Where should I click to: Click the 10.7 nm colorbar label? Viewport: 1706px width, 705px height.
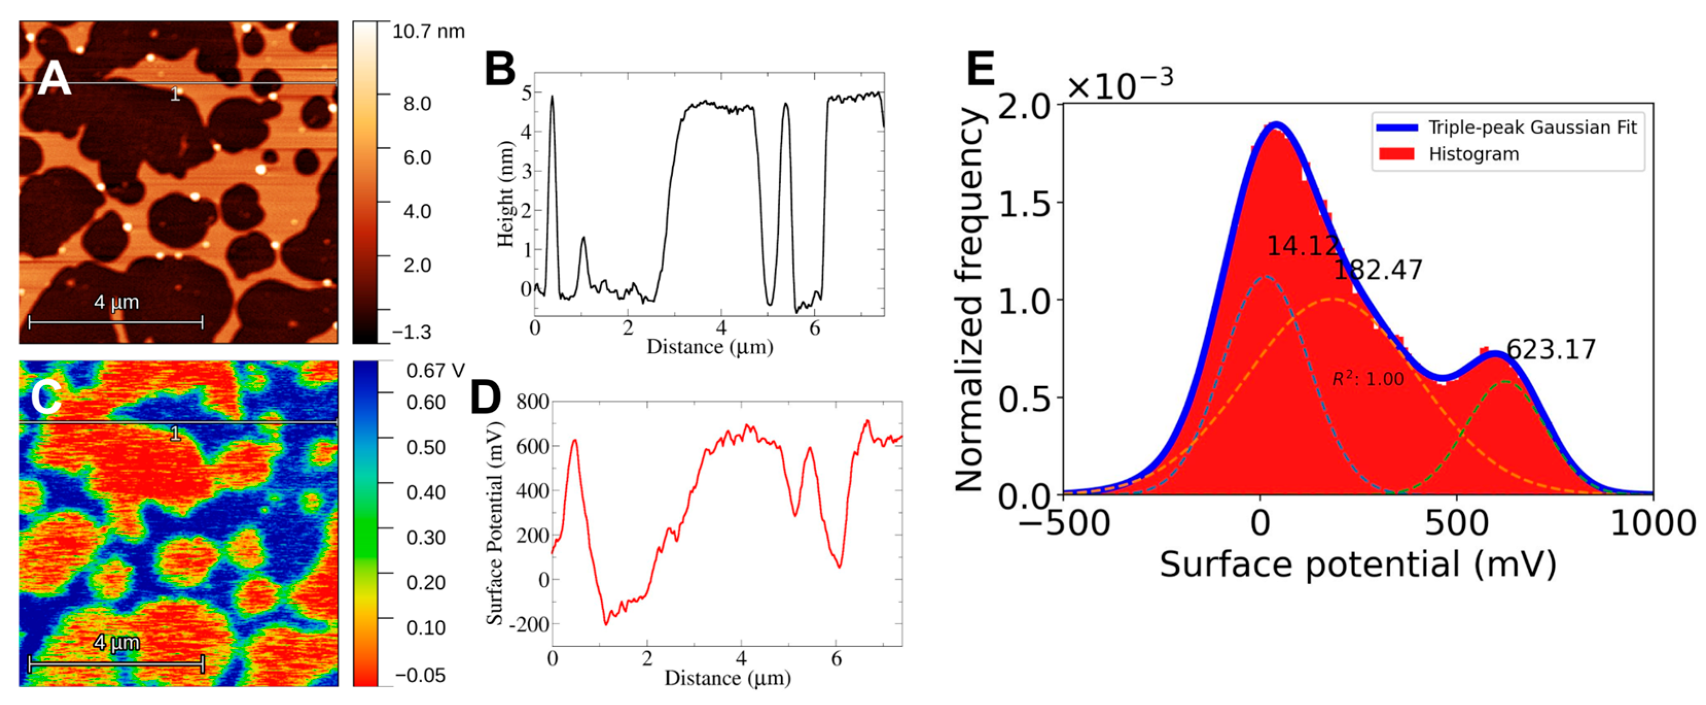(x=428, y=32)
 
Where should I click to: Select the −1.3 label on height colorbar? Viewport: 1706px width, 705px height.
(x=411, y=332)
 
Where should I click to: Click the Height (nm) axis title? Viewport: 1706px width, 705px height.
(x=505, y=193)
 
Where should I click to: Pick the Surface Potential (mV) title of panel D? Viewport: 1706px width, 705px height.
(x=494, y=522)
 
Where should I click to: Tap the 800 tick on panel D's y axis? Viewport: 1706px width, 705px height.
(x=532, y=402)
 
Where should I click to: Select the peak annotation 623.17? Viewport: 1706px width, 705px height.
(x=1550, y=350)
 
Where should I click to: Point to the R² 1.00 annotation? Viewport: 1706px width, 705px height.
(x=1368, y=379)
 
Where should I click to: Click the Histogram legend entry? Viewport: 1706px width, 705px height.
(x=1473, y=154)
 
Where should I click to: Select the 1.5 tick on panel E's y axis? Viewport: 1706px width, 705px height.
(x=1025, y=204)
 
